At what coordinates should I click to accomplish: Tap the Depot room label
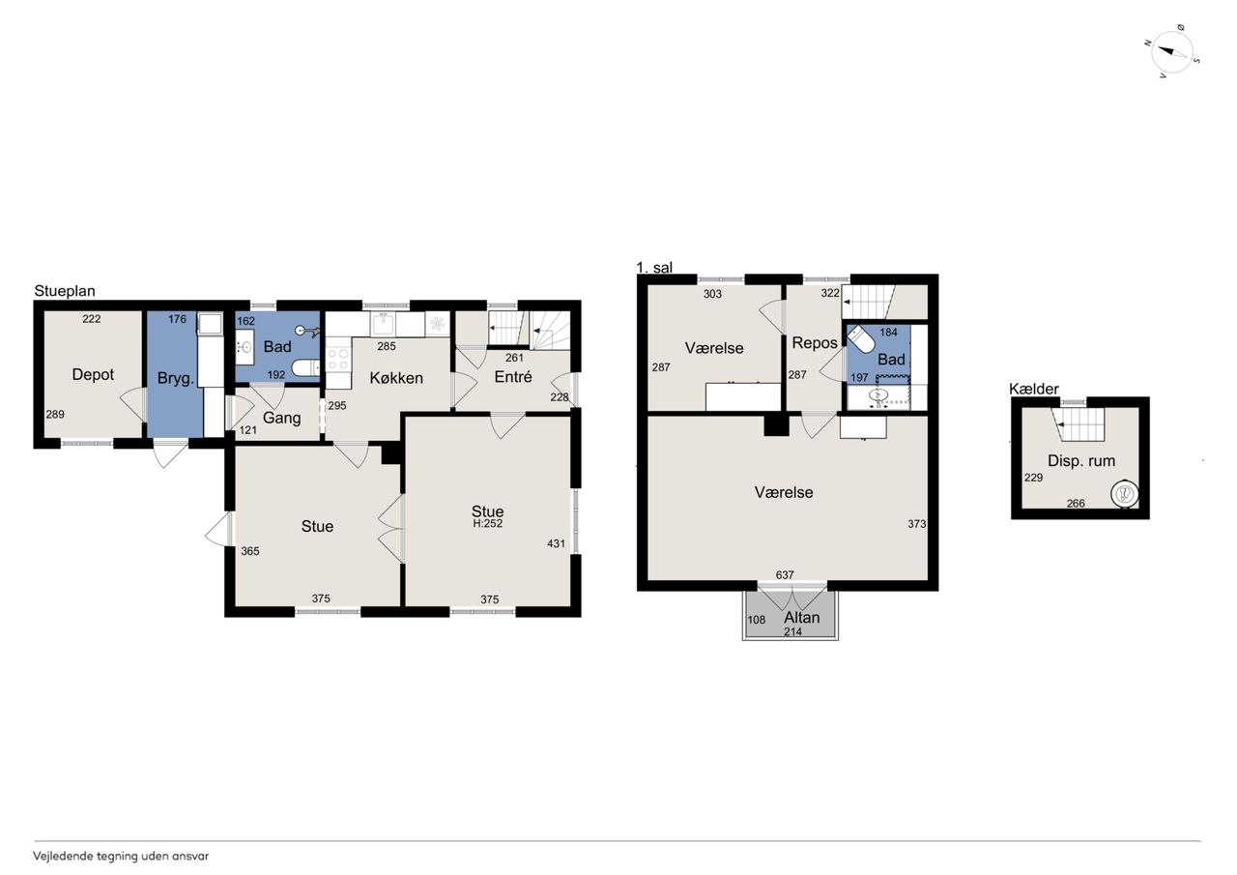tap(93, 374)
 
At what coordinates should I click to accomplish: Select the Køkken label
tap(396, 378)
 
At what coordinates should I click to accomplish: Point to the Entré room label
tap(513, 377)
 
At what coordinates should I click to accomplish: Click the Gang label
tap(281, 418)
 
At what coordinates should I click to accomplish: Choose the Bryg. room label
tap(176, 378)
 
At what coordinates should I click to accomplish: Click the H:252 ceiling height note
tap(488, 524)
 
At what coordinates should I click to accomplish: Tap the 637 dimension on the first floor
tap(785, 575)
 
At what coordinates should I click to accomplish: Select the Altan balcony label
tap(802, 618)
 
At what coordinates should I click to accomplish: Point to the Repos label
tap(815, 343)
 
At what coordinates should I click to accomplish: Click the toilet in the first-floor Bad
tap(861, 339)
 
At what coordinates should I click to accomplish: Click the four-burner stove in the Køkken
tap(338, 359)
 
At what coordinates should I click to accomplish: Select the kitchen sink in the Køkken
tap(383, 324)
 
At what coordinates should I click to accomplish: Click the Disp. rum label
tap(1081, 460)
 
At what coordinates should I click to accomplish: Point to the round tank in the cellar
tap(1125, 493)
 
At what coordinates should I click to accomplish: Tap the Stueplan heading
tap(65, 291)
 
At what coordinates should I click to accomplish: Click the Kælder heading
tap(1034, 389)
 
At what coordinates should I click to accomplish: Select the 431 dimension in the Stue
tap(556, 543)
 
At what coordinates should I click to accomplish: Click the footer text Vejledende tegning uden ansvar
tap(121, 857)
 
